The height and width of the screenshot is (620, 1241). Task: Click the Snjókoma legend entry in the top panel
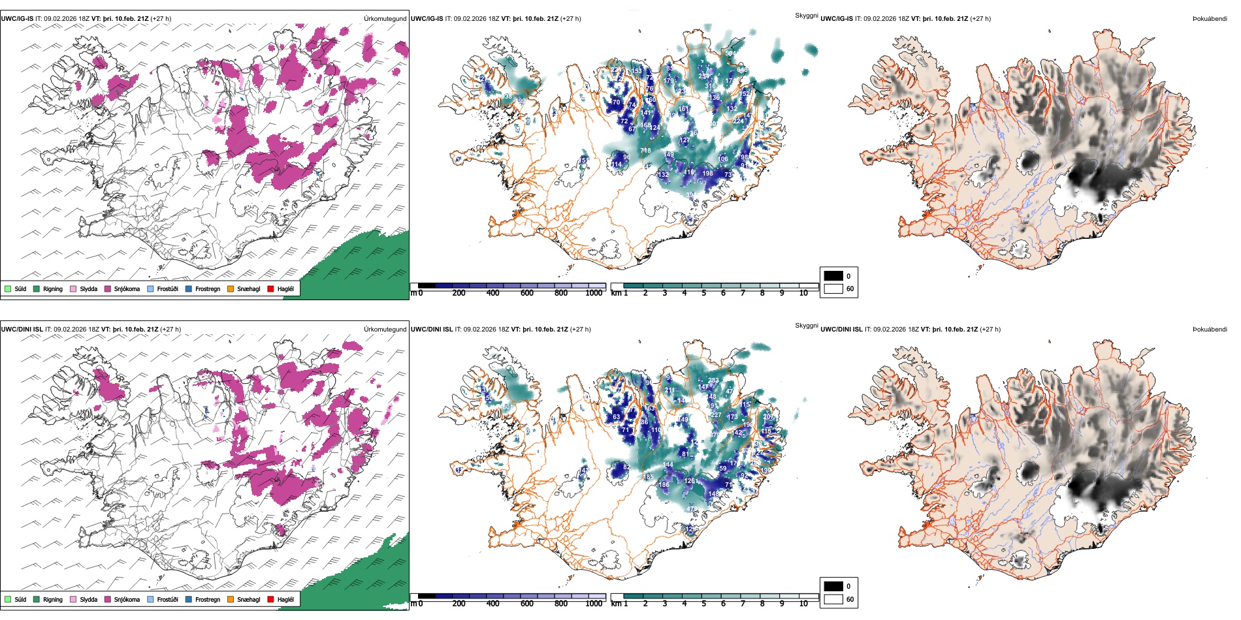(127, 288)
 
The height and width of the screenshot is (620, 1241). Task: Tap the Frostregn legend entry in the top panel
(208, 288)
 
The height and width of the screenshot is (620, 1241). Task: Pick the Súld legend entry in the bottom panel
(20, 599)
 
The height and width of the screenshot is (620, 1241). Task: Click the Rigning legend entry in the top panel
(53, 288)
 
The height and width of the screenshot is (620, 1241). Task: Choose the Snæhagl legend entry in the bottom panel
(248, 599)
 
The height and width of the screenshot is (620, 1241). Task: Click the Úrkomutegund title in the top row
(385, 19)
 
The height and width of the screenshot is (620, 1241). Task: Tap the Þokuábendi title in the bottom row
(1210, 330)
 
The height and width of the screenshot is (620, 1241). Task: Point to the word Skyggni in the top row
(806, 16)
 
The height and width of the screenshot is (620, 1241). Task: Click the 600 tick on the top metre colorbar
(527, 293)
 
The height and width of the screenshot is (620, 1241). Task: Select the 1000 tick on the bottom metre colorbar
(594, 604)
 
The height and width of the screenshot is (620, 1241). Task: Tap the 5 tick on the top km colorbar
(704, 293)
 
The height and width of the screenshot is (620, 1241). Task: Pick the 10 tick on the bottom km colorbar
(803, 604)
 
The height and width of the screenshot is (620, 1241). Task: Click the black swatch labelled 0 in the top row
(833, 276)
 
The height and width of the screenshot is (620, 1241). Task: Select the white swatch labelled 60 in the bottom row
(833, 599)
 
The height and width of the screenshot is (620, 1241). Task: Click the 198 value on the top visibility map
(707, 174)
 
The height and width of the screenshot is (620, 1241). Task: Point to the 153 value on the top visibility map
(636, 71)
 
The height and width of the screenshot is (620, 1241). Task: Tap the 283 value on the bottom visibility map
(713, 380)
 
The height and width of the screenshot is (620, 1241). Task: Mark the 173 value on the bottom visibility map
(733, 416)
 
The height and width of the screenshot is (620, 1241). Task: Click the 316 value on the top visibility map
(711, 86)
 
